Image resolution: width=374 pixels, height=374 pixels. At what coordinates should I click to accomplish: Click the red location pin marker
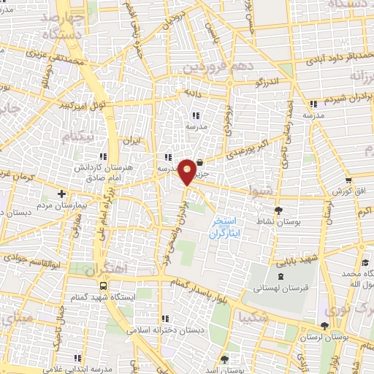188,171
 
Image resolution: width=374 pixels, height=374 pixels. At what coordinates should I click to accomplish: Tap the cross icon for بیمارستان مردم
61,194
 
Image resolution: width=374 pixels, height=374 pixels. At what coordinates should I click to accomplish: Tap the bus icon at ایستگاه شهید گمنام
102,286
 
